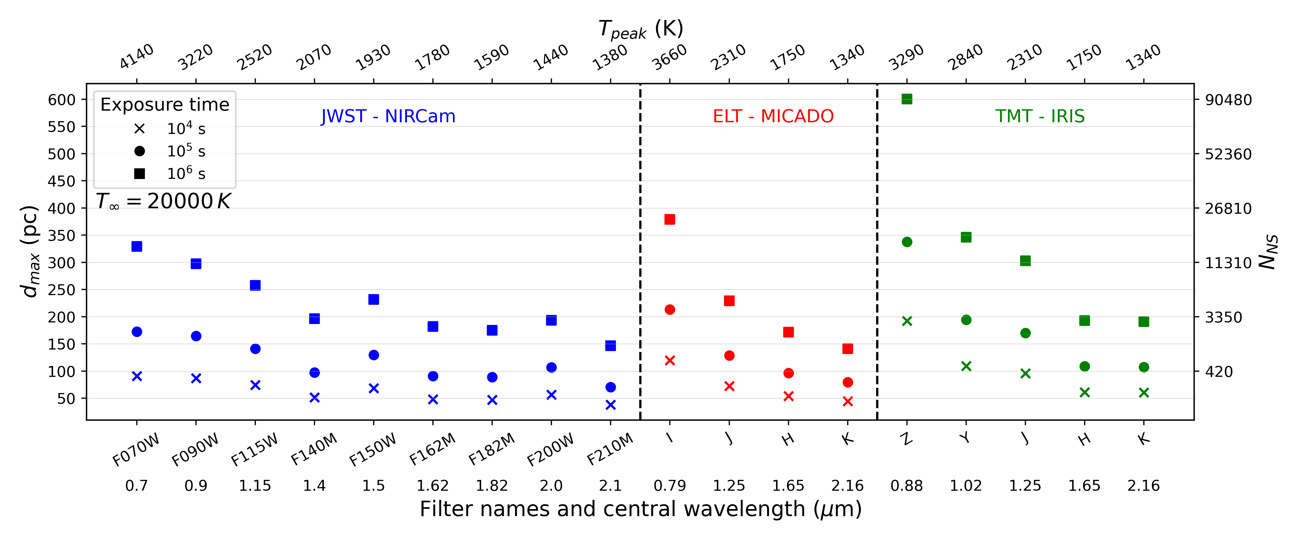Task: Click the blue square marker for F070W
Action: click(137, 246)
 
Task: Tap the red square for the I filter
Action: click(670, 219)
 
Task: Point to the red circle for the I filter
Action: click(670, 309)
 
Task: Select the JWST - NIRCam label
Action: click(388, 117)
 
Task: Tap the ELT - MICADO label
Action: click(773, 117)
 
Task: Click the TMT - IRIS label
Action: click(1039, 117)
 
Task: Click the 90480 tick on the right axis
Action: click(1228, 100)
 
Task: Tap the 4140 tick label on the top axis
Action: click(137, 57)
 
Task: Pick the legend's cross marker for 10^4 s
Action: click(140, 129)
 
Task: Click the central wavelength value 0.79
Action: click(670, 486)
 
